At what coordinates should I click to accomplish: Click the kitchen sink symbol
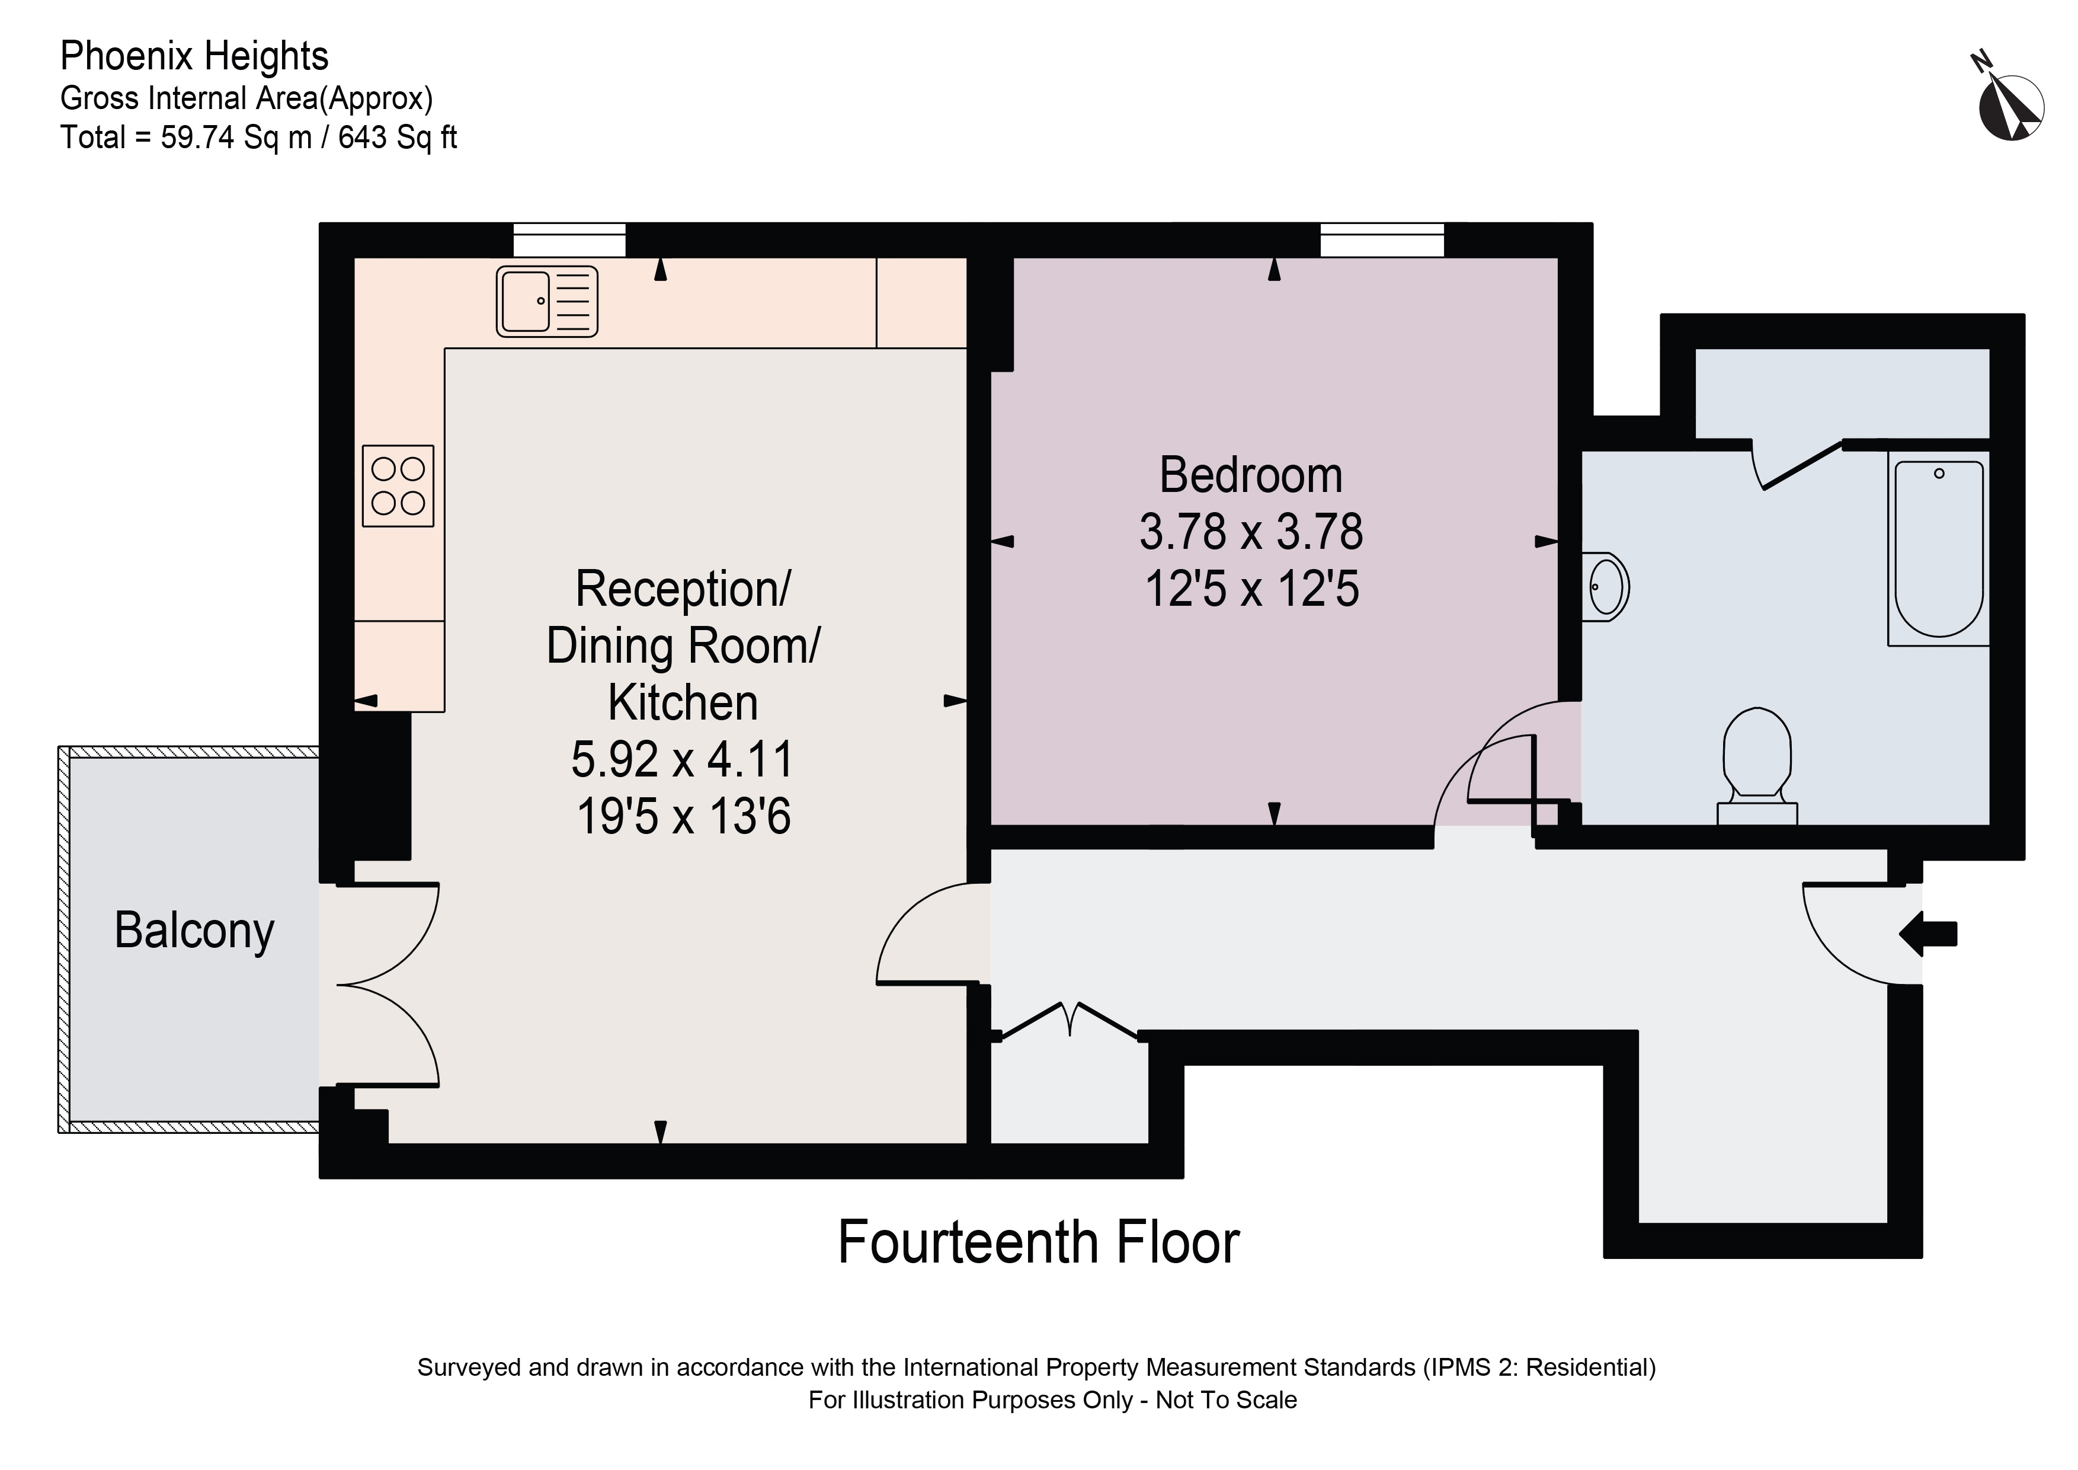point(547,302)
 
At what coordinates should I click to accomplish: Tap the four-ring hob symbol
point(398,485)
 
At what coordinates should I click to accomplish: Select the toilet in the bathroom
point(1757,765)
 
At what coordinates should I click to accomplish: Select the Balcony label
point(194,931)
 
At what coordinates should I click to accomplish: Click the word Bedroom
point(1251,475)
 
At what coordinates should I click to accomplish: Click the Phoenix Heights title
point(194,56)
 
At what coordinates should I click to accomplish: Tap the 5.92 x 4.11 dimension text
point(683,759)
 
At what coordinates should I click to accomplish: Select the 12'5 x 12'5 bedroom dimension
point(1251,589)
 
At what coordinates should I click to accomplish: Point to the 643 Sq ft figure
point(398,138)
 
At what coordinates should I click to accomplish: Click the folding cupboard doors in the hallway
point(1070,1020)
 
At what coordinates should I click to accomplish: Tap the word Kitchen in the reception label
point(683,702)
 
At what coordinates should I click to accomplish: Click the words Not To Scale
point(1227,1399)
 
